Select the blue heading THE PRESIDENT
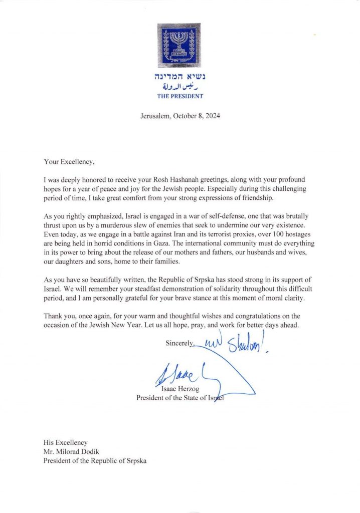(179, 96)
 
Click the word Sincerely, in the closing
(180, 344)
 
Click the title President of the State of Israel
(181, 398)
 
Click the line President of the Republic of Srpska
(96, 460)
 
